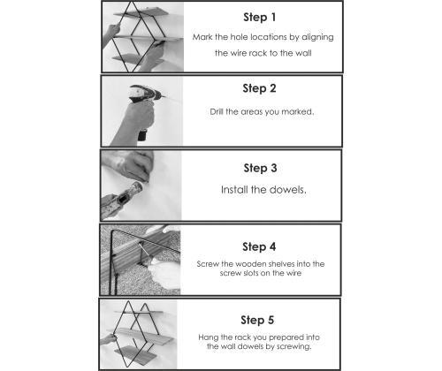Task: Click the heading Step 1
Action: [x=260, y=18]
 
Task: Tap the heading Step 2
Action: [x=259, y=88]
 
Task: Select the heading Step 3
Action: [x=260, y=168]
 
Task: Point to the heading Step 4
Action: [x=259, y=246]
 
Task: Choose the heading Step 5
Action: [x=257, y=320]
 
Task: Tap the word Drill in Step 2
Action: [x=217, y=112]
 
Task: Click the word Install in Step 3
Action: [x=234, y=190]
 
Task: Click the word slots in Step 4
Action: [x=250, y=273]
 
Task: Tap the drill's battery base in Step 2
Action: [x=142, y=134]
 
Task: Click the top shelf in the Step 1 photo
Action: [x=141, y=12]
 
